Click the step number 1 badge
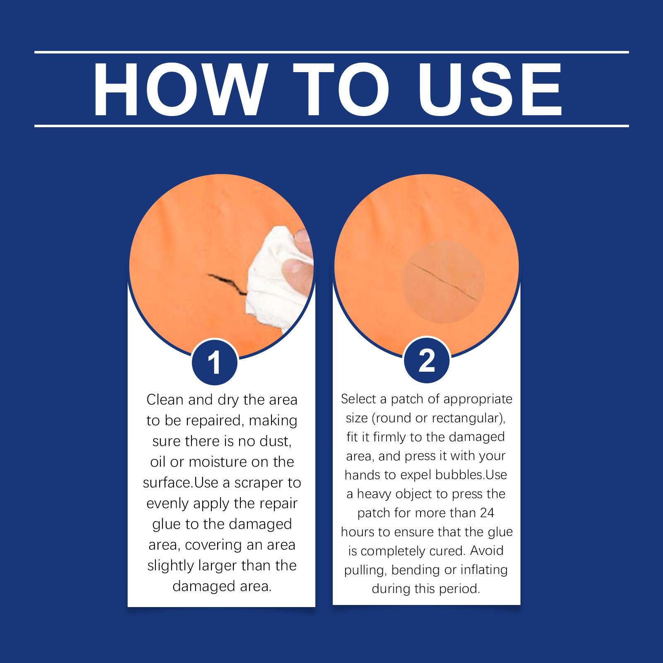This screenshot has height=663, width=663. [214, 363]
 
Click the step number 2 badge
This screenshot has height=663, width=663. [427, 360]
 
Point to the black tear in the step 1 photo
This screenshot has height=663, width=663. [227, 283]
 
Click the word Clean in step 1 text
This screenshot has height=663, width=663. [165, 400]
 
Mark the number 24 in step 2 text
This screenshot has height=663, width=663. [487, 513]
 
